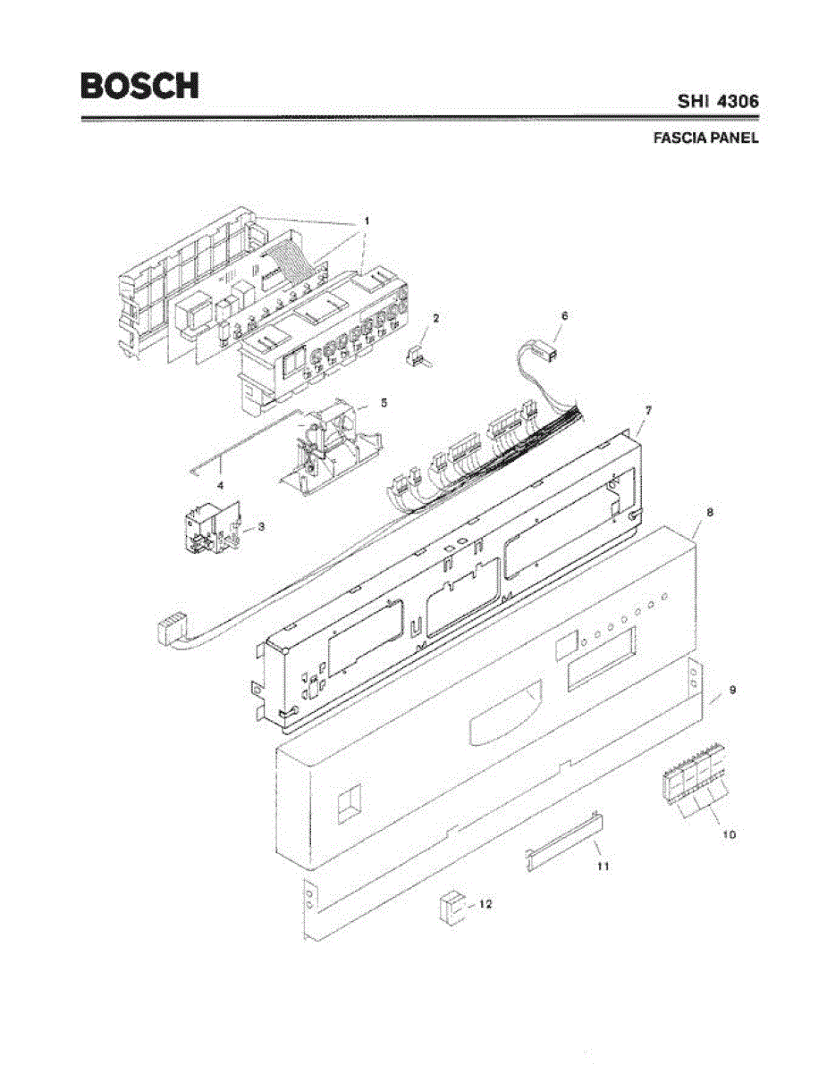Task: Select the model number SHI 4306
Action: [717, 102]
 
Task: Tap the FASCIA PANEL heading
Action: [705, 138]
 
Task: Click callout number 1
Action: [365, 219]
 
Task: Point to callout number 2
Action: [435, 317]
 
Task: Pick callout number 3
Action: [261, 527]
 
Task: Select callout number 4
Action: [220, 484]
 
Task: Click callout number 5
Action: [383, 403]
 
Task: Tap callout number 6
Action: [564, 315]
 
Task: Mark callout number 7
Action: [649, 409]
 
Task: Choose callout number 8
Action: [709, 513]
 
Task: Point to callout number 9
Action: [732, 691]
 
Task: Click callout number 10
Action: [729, 834]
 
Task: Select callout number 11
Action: [603, 866]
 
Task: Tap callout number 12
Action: [485, 904]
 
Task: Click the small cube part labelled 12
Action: [451, 907]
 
